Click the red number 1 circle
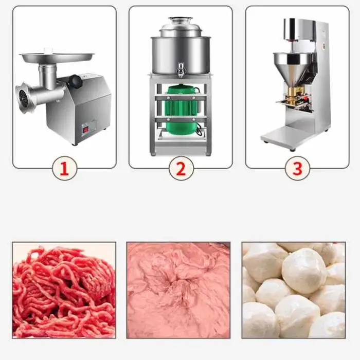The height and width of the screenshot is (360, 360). [x=64, y=169]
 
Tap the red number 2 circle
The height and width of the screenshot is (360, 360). [x=181, y=169]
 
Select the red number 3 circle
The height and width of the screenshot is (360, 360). [x=298, y=169]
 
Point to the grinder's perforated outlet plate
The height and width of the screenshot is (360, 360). [x=22, y=98]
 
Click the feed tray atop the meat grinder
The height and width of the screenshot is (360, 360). [x=57, y=57]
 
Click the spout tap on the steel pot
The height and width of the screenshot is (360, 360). [x=179, y=68]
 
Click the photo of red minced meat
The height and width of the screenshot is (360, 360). [x=64, y=290]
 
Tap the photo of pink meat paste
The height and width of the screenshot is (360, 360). [x=178, y=290]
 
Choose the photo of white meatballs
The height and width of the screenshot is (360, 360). [x=294, y=290]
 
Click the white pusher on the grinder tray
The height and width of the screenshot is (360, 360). [x=48, y=50]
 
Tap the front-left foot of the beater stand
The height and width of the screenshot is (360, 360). [x=153, y=154]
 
